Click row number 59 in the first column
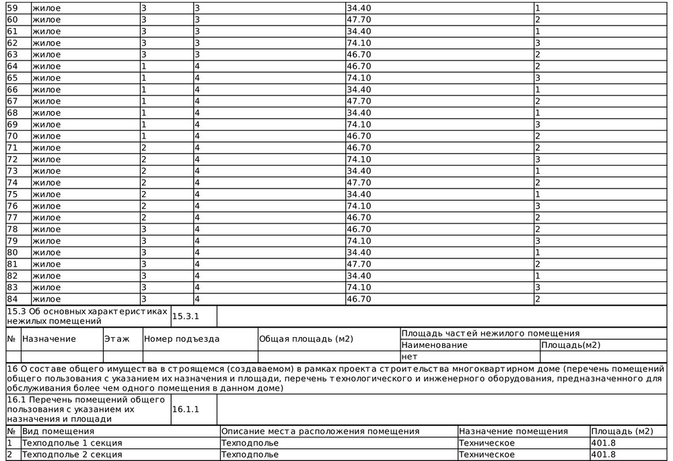click(x=11, y=7)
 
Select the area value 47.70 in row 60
click(x=358, y=19)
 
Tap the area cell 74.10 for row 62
click(x=358, y=42)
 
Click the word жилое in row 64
click(x=46, y=66)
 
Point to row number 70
click(x=11, y=136)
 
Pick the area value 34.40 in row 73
click(x=358, y=171)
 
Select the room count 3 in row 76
click(x=538, y=206)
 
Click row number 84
click(x=11, y=299)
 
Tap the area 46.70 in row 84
click(x=358, y=299)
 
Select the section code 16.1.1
click(x=186, y=409)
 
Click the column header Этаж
click(x=117, y=339)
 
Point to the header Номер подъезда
click(x=182, y=339)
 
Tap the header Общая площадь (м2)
click(x=306, y=339)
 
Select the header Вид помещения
click(x=58, y=431)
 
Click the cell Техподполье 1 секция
click(x=72, y=443)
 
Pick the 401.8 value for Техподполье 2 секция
click(x=603, y=454)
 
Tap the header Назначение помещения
click(x=513, y=431)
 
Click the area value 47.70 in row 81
click(x=358, y=264)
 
